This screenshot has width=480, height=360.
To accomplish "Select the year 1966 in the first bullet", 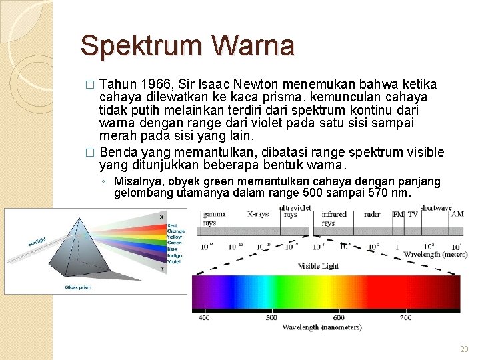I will pos(153,84).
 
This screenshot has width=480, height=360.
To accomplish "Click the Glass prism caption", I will pos(78,287).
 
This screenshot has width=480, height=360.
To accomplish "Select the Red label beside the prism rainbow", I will pos(172,226).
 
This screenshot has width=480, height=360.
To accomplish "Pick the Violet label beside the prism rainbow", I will pos(174,261).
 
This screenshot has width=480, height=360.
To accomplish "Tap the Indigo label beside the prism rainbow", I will pos(175,255).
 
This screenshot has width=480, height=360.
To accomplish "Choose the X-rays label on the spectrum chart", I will pos(258,215).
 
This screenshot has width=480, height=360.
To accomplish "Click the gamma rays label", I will pos(215,219).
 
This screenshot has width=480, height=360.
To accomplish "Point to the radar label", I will pos(372,215).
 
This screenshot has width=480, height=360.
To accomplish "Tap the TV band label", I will pos(413,215).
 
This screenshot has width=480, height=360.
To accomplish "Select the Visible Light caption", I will pos(318,266).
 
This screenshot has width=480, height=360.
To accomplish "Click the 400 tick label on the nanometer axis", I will pos(204,317).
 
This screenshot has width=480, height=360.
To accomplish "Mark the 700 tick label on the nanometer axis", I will pos(405,317).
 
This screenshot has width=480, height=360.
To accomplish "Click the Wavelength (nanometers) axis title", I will pos(322,327).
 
